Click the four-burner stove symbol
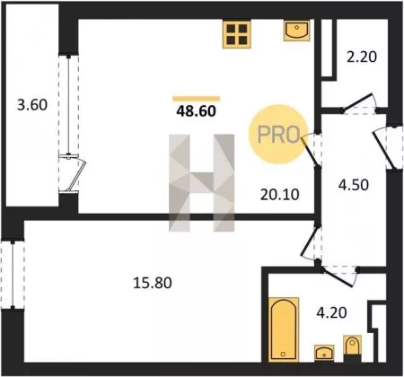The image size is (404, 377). [236, 34]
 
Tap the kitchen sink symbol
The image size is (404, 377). [296, 31]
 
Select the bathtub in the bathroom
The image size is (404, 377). [284, 329]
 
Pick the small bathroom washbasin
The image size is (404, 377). [324, 353]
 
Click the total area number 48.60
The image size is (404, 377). [196, 111]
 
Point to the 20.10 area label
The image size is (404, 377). [280, 195]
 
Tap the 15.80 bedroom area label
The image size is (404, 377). [153, 283]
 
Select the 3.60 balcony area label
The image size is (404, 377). [32, 105]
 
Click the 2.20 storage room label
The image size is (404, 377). [362, 57]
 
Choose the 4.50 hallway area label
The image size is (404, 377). [354, 185]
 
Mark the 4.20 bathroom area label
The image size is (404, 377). [331, 312]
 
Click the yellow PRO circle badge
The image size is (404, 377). [278, 135]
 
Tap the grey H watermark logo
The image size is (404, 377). [202, 183]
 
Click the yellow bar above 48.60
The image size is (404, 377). [197, 99]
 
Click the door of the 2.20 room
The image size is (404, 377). [358, 103]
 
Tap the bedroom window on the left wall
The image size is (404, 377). [13, 275]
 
